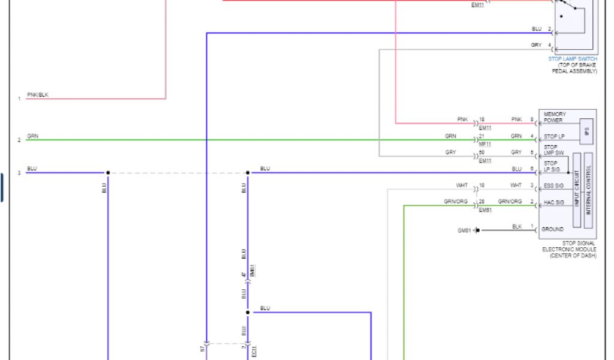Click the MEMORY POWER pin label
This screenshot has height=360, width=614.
554,117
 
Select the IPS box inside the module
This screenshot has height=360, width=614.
586,131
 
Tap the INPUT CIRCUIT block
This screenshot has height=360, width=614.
577,190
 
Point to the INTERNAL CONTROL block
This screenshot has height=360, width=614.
588,190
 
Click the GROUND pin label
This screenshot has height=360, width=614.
552,229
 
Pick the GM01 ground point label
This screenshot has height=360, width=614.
464,230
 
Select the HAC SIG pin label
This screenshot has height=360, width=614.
553,203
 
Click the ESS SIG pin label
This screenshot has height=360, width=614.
553,185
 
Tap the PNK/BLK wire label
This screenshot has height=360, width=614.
38,95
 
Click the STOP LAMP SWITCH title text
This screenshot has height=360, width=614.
573,59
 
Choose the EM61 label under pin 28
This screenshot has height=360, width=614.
485,211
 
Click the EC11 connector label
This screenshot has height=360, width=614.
254,352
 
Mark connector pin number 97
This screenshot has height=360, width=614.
202,348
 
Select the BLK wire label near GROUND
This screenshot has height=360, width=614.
517,226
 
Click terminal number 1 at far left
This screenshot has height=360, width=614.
19,98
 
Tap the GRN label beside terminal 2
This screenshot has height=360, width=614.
32,136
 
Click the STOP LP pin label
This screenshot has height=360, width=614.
554,137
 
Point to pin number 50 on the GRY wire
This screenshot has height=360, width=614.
481,152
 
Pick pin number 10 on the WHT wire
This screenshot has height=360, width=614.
481,185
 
